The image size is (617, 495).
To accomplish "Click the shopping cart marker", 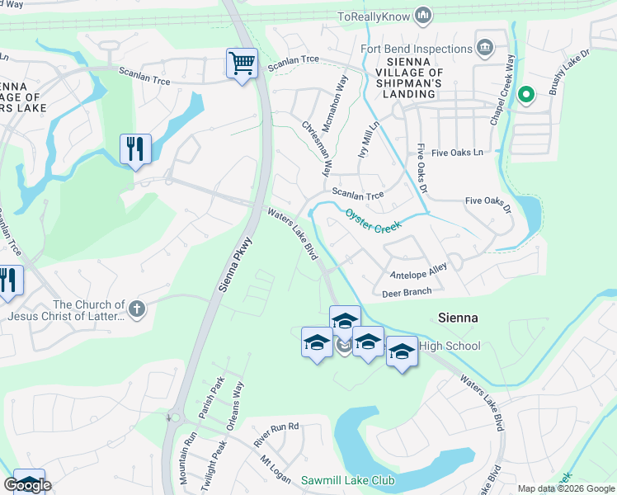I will point(242,63).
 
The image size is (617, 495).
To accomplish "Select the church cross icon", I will point(137,309).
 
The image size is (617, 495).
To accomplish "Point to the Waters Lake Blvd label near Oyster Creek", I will point(293,236).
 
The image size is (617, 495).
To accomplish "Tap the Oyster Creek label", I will point(373,219).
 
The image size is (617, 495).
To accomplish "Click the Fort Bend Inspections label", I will point(416,48).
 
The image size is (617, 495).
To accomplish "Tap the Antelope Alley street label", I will point(418,271).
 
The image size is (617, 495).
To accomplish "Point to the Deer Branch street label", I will point(407,291).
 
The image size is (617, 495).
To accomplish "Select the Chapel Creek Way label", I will point(502,91).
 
